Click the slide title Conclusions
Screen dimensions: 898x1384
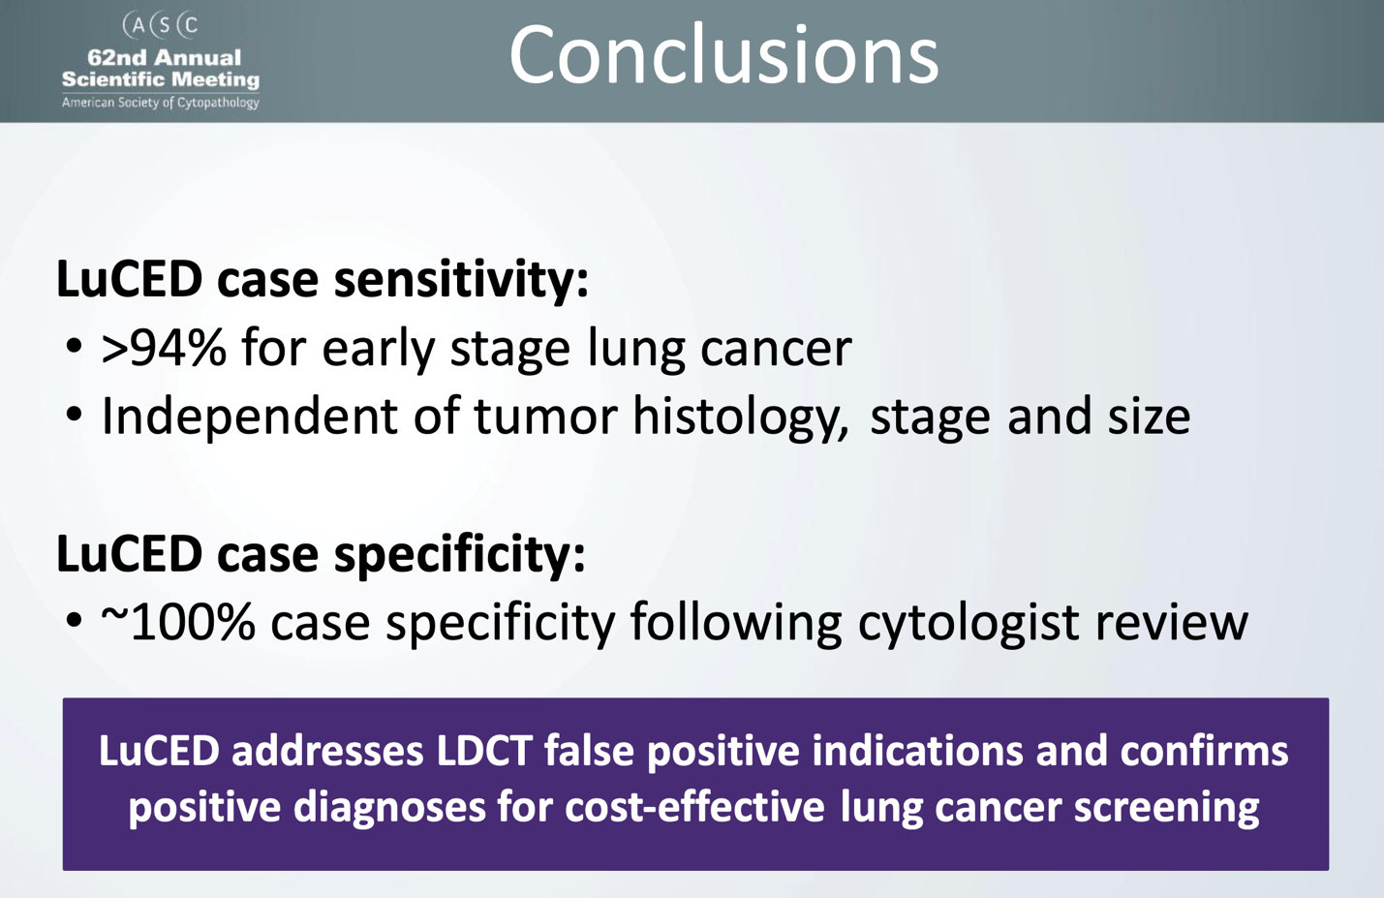coord(723,55)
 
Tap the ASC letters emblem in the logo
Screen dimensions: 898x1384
coord(161,24)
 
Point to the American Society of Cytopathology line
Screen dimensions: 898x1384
coord(161,103)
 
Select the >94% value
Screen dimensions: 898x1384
coord(163,349)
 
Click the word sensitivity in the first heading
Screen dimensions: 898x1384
coord(460,280)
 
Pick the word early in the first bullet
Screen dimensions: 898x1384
coord(379,349)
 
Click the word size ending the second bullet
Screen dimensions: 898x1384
coord(1148,417)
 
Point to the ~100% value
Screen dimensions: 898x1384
coord(177,622)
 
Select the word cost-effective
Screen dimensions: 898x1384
coord(694,807)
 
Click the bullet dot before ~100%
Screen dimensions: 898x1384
coord(75,622)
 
